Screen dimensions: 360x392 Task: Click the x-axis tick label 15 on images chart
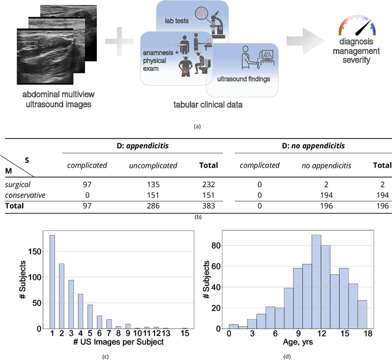(x=184, y=333)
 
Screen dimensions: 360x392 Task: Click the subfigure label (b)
(x=197, y=216)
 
